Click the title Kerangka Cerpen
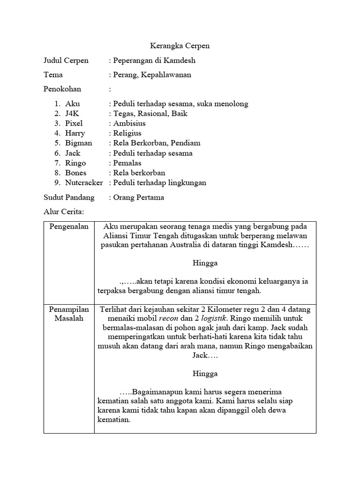[180, 46]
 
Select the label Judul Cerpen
[66, 60]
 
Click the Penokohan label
[62, 89]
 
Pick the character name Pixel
[74, 123]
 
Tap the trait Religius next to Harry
[127, 133]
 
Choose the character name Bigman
[79, 143]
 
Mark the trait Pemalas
[127, 163]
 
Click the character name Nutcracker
[84, 182]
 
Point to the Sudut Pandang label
[69, 197]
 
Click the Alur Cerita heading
[63, 211]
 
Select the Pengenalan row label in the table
[69, 226]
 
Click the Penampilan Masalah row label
[69, 314]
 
